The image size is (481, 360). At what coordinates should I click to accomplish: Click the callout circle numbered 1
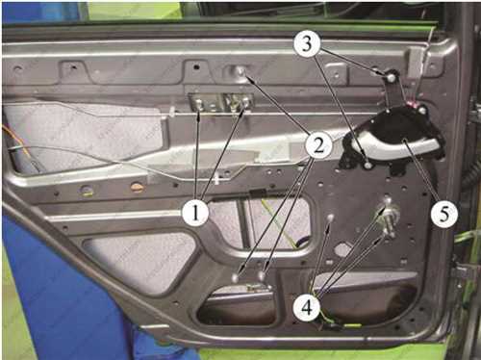[x=195, y=213]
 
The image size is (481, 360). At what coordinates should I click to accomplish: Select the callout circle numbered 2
[x=318, y=146]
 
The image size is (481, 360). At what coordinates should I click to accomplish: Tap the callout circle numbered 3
[x=307, y=43]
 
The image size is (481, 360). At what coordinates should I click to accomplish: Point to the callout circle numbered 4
[x=307, y=307]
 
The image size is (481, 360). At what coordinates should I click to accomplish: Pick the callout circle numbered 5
[x=443, y=214]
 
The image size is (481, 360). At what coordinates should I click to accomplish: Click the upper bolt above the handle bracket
[x=391, y=77]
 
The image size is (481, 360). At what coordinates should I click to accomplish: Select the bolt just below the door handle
[x=367, y=165]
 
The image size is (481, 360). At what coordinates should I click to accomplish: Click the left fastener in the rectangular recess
[x=199, y=104]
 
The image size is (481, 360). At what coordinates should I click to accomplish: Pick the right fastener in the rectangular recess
[x=245, y=103]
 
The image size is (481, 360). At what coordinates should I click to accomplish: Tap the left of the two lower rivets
[x=236, y=276]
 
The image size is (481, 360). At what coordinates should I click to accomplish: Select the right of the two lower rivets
[x=262, y=275]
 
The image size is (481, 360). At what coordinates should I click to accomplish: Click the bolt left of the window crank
[x=330, y=219]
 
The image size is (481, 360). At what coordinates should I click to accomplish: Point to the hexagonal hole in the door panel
[x=342, y=249]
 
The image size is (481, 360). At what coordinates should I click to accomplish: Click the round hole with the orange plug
[x=137, y=188]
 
